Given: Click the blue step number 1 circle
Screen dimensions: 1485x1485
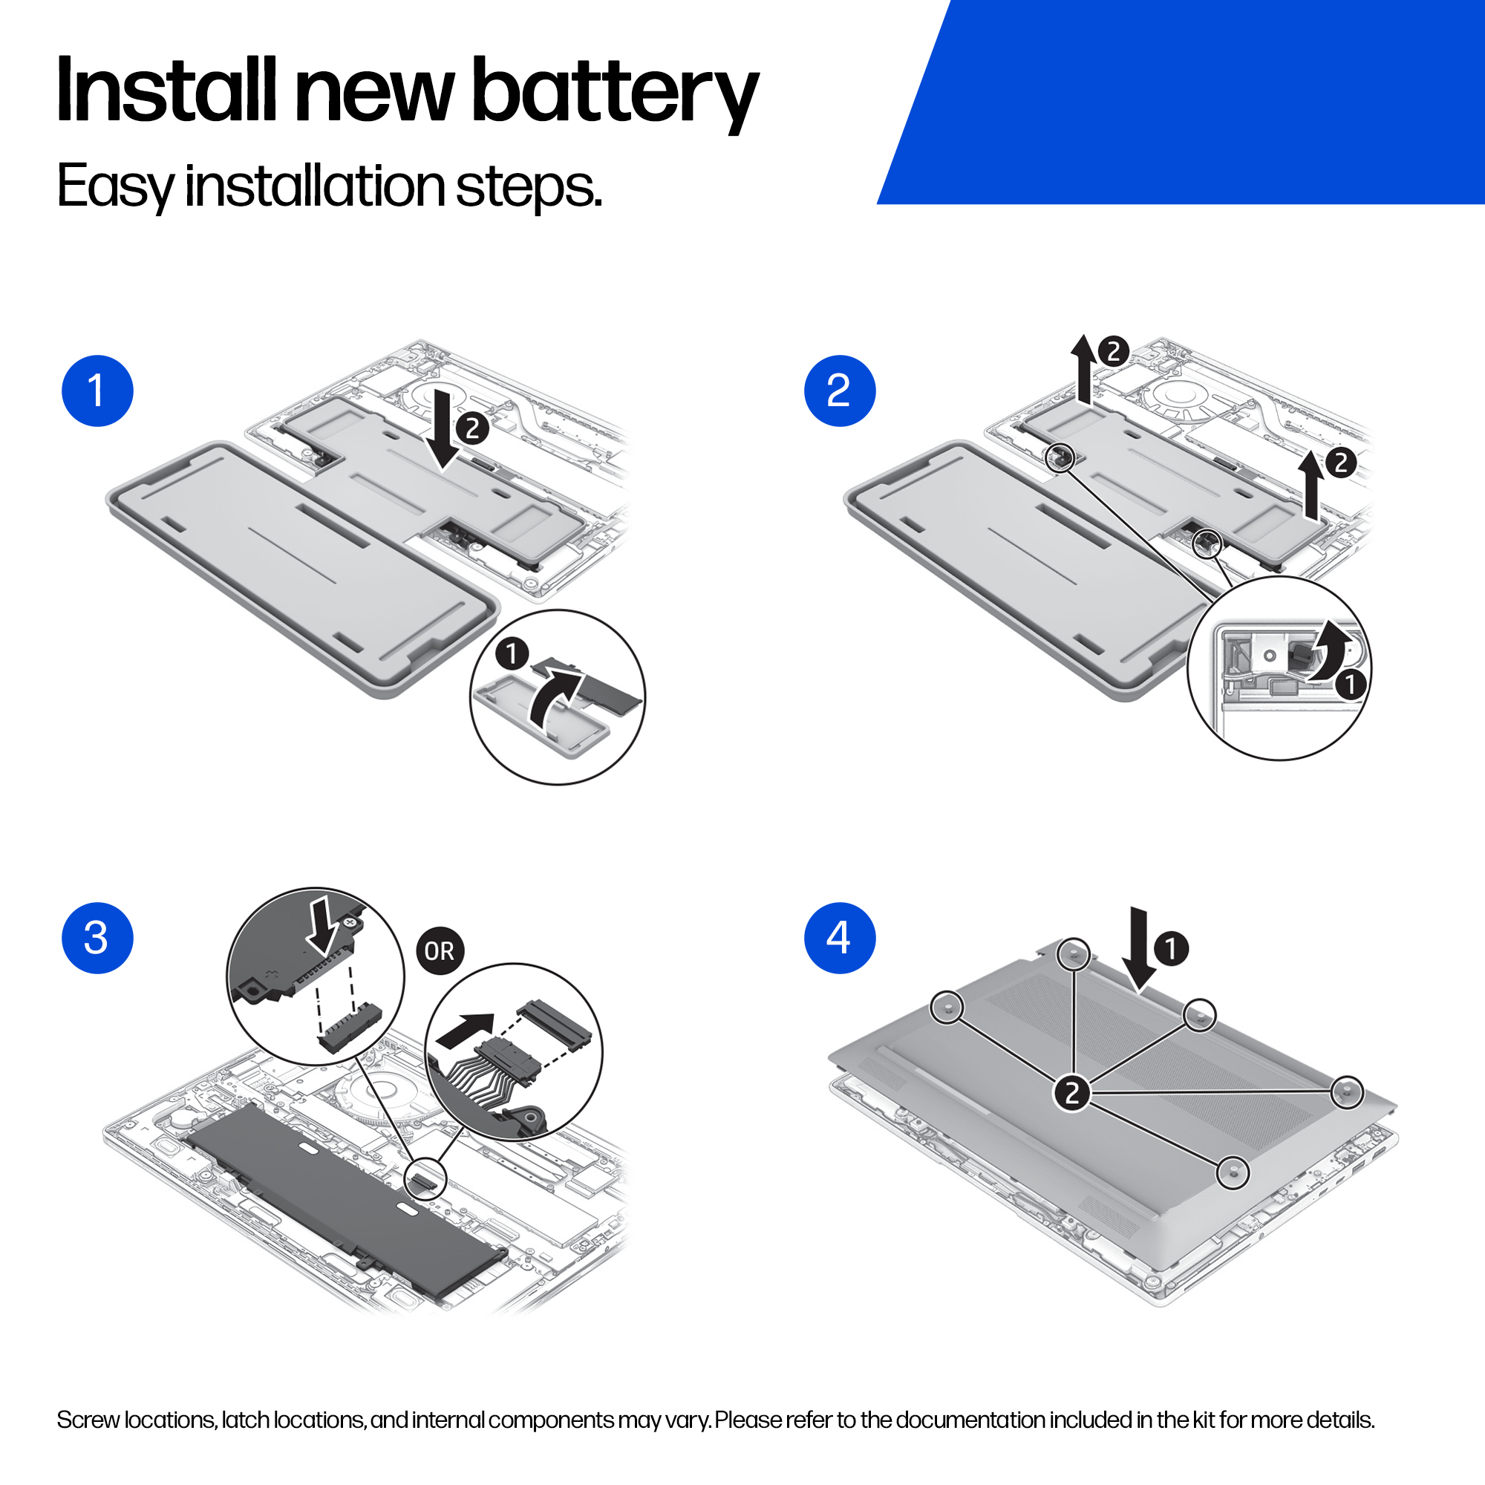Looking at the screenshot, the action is pyautogui.click(x=97, y=391).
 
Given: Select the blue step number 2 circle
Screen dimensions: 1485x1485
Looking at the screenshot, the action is pyautogui.click(x=839, y=391).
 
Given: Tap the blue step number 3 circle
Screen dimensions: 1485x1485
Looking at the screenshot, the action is pyautogui.click(x=97, y=938).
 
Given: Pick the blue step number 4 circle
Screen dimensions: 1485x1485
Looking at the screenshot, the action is pyautogui.click(x=839, y=938).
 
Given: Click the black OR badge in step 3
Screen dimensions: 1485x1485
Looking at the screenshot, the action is pyautogui.click(x=440, y=952).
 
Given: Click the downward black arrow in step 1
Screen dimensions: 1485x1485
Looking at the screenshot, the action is pyautogui.click(x=443, y=429).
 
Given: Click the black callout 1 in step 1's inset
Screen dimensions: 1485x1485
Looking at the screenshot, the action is pyautogui.click(x=512, y=654).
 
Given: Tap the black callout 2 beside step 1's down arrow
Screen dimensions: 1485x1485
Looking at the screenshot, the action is pyautogui.click(x=473, y=428).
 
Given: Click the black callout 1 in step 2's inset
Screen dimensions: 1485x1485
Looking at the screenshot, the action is pyautogui.click(x=1350, y=683).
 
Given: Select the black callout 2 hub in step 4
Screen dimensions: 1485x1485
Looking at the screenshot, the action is pyautogui.click(x=1072, y=1092).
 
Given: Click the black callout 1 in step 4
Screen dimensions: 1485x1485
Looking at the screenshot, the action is pyautogui.click(x=1172, y=947).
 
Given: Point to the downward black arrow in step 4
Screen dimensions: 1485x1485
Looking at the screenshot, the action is pyautogui.click(x=1138, y=950).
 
